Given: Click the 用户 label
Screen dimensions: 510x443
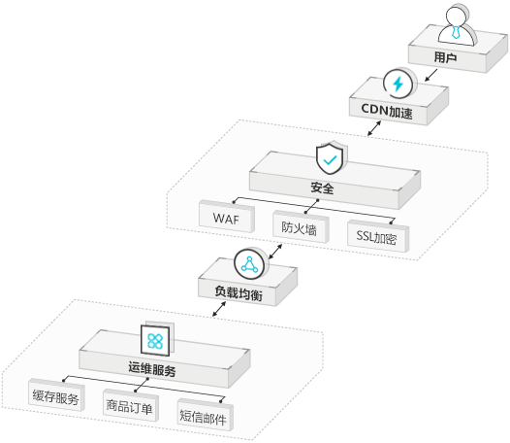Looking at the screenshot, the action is click(x=445, y=57).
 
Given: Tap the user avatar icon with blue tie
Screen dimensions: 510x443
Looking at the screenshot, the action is click(x=457, y=26).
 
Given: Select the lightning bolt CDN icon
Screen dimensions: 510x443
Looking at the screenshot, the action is click(x=399, y=84).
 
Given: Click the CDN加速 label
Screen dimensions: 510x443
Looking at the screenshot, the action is click(x=387, y=111).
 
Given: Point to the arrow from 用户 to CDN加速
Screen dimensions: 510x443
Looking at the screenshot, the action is click(x=431, y=75).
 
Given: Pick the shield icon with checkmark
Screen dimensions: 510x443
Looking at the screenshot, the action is click(x=331, y=158).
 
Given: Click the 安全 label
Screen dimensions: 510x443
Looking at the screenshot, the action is click(x=322, y=187).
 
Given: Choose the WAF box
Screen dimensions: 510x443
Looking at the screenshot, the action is click(x=227, y=216).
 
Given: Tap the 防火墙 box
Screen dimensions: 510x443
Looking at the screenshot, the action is click(x=301, y=227).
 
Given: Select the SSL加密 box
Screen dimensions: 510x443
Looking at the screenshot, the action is click(x=378, y=236).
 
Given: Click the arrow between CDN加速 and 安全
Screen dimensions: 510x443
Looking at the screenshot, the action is click(x=374, y=128).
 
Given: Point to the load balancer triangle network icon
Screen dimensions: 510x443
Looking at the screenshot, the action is click(x=250, y=263).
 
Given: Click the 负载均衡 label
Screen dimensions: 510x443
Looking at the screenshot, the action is click(x=239, y=293).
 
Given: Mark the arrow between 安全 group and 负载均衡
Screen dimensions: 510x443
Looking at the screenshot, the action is click(x=275, y=252).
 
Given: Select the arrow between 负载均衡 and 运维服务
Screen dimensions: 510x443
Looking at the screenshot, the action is click(x=219, y=309).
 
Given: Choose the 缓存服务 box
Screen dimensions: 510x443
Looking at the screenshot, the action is click(x=56, y=394).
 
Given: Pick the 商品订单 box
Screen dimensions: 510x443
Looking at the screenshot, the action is click(x=131, y=405).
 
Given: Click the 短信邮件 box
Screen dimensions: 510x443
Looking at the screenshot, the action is click(x=205, y=415).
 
